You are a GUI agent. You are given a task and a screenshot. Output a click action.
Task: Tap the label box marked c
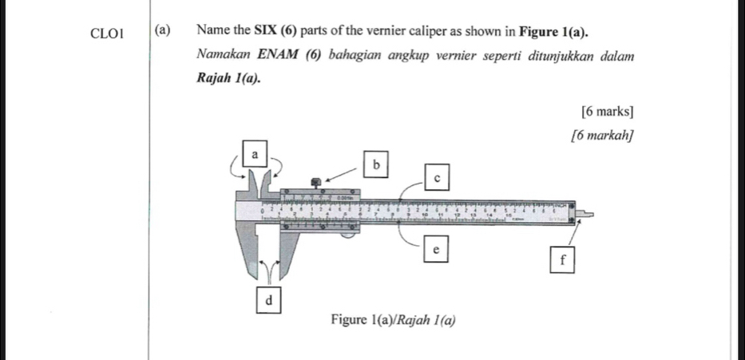436,177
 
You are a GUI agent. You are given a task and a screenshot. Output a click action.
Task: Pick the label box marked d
268,300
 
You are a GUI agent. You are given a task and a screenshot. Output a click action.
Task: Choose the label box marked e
435,250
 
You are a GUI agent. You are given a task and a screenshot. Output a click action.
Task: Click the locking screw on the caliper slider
317,184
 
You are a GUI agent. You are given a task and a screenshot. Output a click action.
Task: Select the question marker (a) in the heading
162,31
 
